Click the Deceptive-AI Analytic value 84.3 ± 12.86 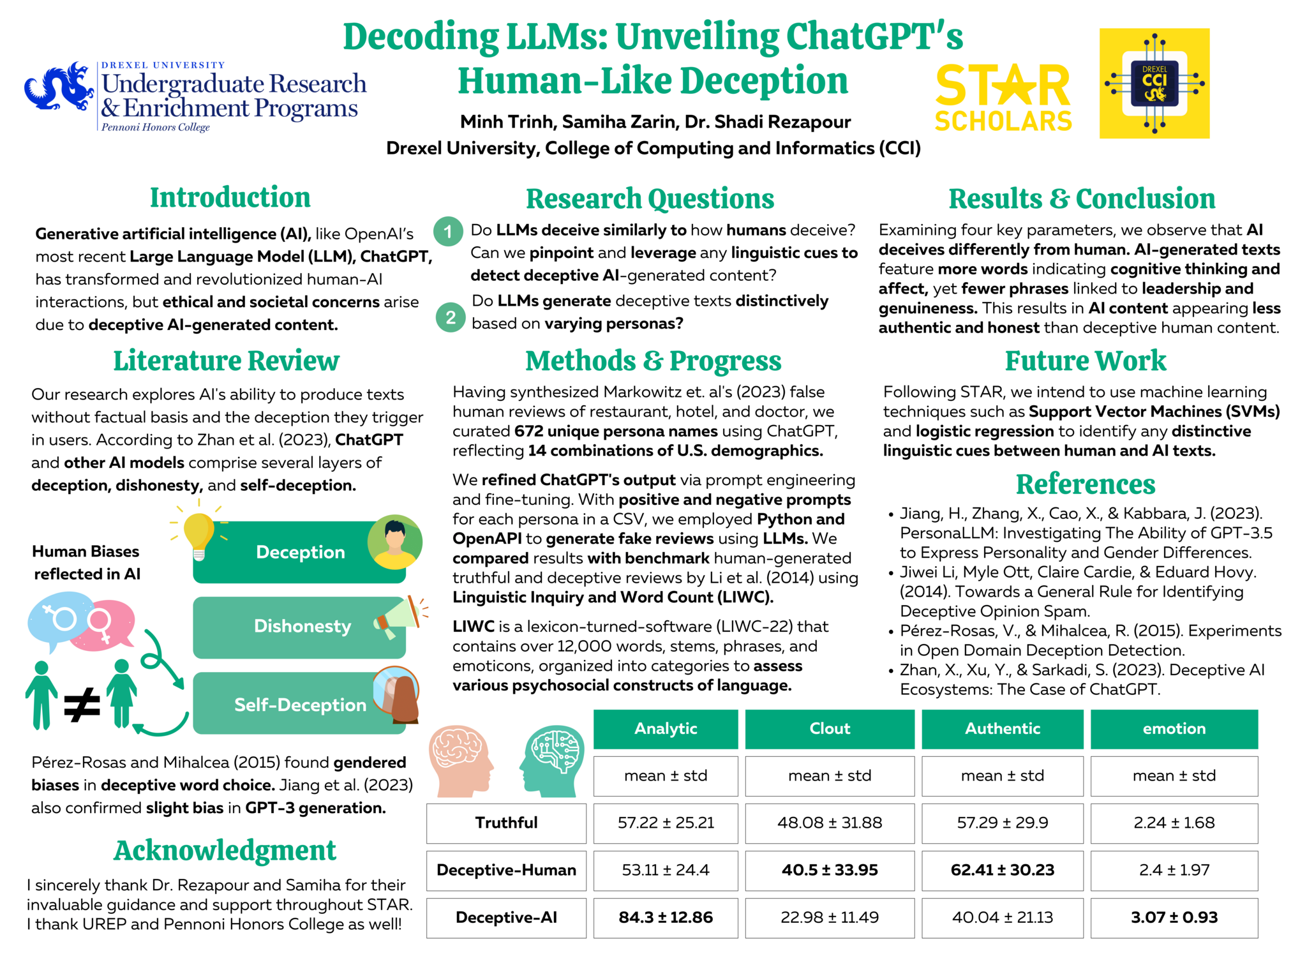[665, 917]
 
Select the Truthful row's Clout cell [829, 823]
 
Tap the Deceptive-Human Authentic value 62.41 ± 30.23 [1002, 870]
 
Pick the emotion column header [1174, 729]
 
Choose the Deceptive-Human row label [506, 870]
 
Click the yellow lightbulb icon [198, 534]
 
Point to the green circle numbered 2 [451, 317]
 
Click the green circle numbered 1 [448, 232]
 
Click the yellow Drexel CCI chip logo [1154, 84]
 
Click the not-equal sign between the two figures [82, 705]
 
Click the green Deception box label [300, 552]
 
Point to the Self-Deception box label [300, 705]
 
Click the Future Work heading [1085, 361]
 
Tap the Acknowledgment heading [225, 851]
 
